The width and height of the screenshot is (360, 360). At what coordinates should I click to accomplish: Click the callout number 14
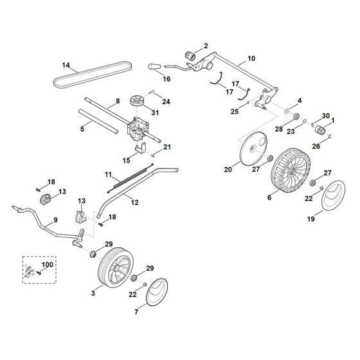tap(66, 65)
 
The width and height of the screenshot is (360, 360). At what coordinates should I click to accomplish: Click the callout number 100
tap(48, 264)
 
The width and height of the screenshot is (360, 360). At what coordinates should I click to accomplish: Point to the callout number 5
tap(82, 129)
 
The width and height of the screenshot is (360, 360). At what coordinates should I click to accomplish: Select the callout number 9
tap(55, 220)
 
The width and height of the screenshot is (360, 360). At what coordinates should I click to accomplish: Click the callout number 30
tap(326, 114)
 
